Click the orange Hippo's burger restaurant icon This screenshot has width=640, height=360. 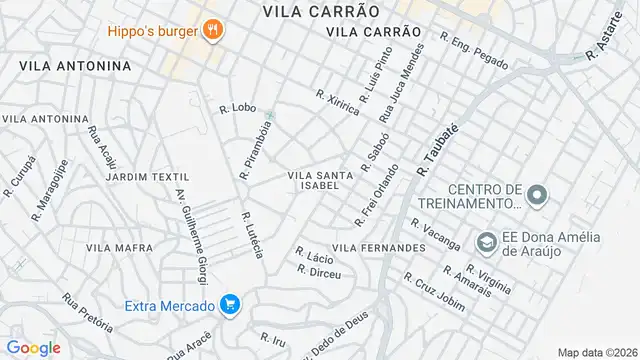211,30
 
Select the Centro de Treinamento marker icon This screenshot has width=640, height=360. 537,195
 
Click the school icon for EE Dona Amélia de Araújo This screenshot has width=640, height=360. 487,242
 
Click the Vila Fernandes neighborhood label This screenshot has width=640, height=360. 379,247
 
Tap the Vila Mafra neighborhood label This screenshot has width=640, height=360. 120,247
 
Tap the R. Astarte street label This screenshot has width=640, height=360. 606,38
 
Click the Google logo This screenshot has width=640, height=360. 33,348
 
